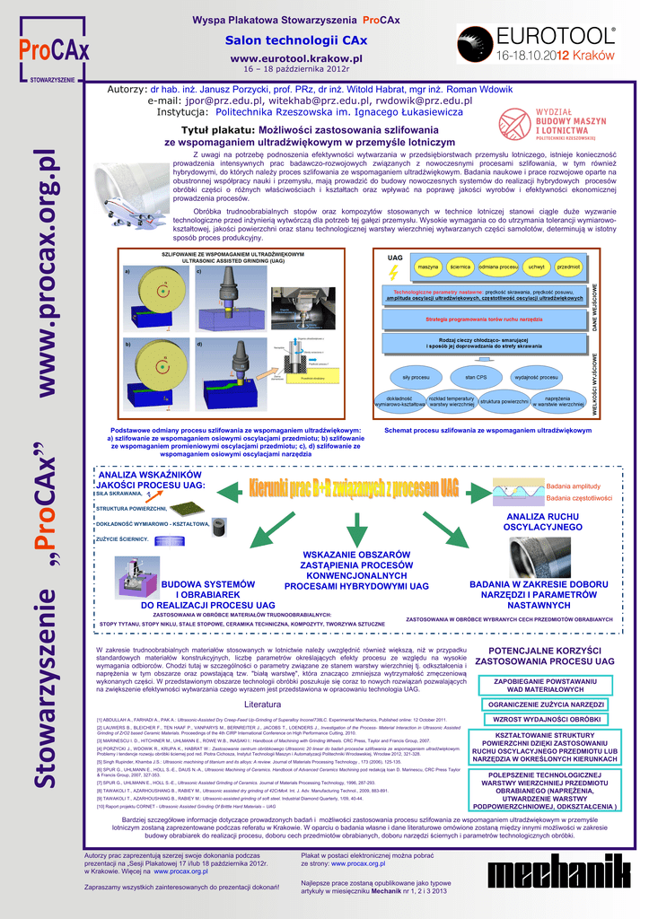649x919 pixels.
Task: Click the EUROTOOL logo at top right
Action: click(537, 42)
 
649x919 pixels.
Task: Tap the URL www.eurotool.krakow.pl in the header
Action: click(295, 57)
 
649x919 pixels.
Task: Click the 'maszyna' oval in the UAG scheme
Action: click(428, 267)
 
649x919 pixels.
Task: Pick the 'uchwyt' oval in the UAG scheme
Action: click(537, 267)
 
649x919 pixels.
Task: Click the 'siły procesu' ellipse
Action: click(416, 377)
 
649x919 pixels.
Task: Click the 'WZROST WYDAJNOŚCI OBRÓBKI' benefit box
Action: click(548, 719)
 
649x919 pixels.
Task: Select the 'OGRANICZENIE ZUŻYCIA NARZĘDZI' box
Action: click(548, 705)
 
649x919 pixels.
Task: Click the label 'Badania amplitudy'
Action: click(573, 486)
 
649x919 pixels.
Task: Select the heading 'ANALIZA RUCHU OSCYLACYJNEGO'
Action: click(544, 522)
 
